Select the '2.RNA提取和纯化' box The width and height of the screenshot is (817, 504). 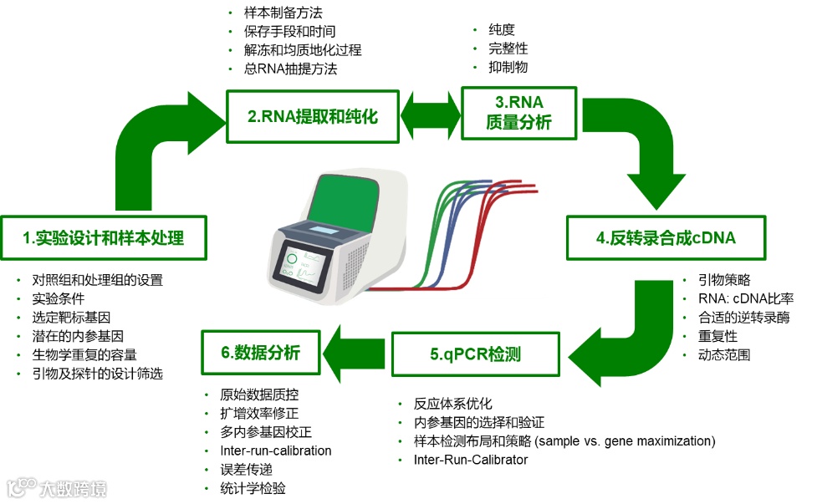312,117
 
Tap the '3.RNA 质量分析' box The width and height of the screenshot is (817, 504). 518,113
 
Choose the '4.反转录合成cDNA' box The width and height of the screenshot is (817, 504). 666,237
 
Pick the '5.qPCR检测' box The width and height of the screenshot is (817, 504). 476,354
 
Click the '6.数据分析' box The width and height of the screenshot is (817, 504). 261,353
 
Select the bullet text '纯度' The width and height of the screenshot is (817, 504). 503,31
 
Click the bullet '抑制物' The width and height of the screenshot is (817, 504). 508,68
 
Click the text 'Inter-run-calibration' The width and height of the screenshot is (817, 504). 276,451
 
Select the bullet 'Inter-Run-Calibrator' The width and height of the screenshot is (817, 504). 471,460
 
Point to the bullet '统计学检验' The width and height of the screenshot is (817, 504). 253,488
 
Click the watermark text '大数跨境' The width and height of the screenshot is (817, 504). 74,489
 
